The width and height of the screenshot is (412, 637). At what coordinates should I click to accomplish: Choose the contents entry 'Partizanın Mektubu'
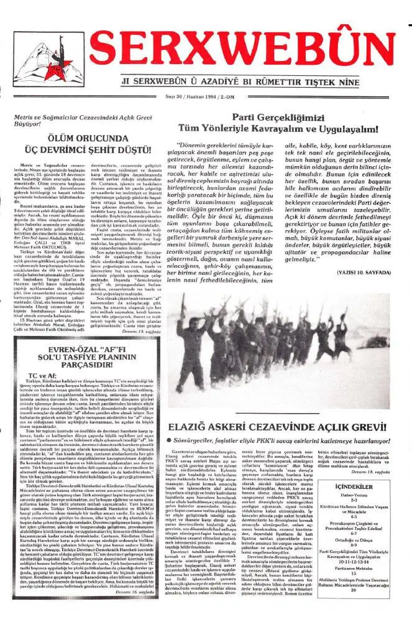point(372,603)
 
